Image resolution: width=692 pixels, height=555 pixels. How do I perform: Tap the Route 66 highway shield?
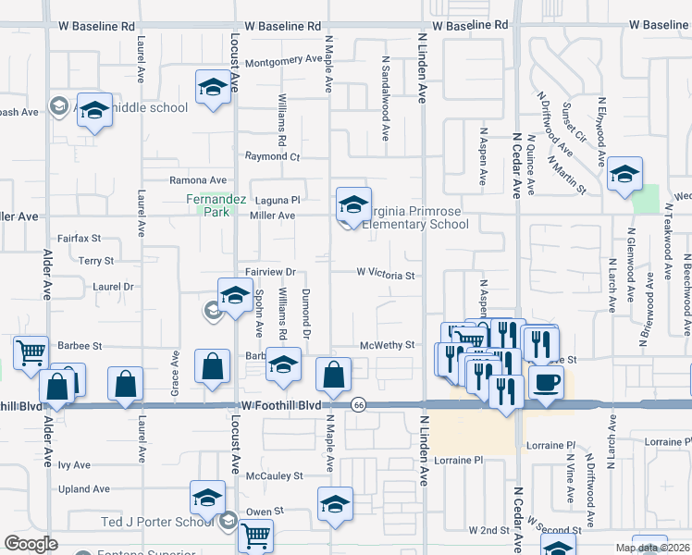pyautogui.click(x=358, y=404)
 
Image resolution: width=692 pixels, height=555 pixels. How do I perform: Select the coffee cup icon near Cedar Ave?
pyautogui.click(x=546, y=381)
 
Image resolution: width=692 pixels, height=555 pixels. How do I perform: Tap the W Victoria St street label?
pyautogui.click(x=384, y=274)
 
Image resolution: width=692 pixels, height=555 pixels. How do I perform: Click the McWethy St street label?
pyautogui.click(x=386, y=345)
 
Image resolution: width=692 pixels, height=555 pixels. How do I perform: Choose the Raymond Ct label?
pyautogui.click(x=272, y=156)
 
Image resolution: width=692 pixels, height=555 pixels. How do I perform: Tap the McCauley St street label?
pyautogui.click(x=274, y=475)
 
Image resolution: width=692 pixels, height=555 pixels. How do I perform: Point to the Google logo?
pyautogui.click(x=31, y=544)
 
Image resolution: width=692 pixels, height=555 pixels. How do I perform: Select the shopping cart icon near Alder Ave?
pyautogui.click(x=31, y=351)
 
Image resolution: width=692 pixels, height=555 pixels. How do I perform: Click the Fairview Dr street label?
pyautogui.click(x=269, y=272)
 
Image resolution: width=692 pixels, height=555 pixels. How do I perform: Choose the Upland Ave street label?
pyautogui.click(x=84, y=488)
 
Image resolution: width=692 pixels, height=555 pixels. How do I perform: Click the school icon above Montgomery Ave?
pyautogui.click(x=213, y=88)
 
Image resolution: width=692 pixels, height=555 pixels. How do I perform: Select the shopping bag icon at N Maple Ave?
pyautogui.click(x=333, y=375)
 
